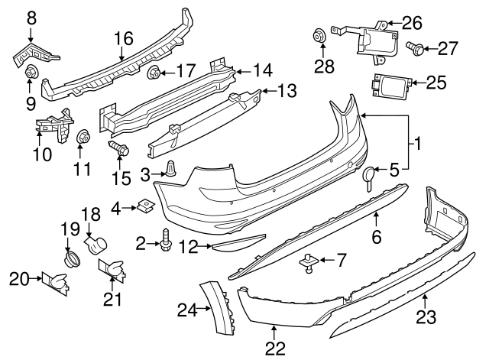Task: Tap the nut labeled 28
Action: click(317, 35)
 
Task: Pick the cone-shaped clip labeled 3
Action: click(171, 170)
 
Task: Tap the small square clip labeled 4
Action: click(144, 205)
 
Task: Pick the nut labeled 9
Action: click(33, 73)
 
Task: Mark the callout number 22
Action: click(274, 348)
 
